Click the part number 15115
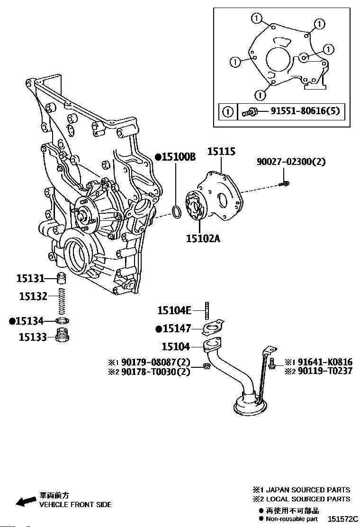pos(221,152)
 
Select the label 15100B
pos(179,156)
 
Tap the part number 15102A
pos(203,238)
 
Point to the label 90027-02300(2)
pos(291,162)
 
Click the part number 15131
pos(31,278)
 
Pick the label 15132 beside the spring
pos(33,296)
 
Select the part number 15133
pos(33,337)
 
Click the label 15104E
pos(174,310)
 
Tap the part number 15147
pos(177,328)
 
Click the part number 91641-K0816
pos(325,362)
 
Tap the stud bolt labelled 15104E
pos(207,310)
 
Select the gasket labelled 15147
pos(213,327)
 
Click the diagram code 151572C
pos(343,518)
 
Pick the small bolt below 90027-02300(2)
pos(284,183)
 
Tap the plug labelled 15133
pos(62,336)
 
